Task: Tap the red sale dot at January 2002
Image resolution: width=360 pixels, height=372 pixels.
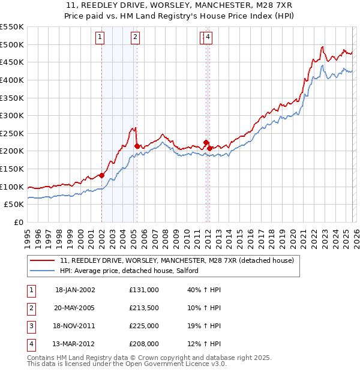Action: pyautogui.click(x=102, y=175)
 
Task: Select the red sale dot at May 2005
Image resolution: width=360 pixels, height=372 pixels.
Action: pyautogui.click(x=137, y=146)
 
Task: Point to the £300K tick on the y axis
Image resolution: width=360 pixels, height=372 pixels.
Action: pyautogui.click(x=12, y=115)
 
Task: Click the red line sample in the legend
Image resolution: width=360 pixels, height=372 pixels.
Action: pyautogui.click(x=43, y=261)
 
